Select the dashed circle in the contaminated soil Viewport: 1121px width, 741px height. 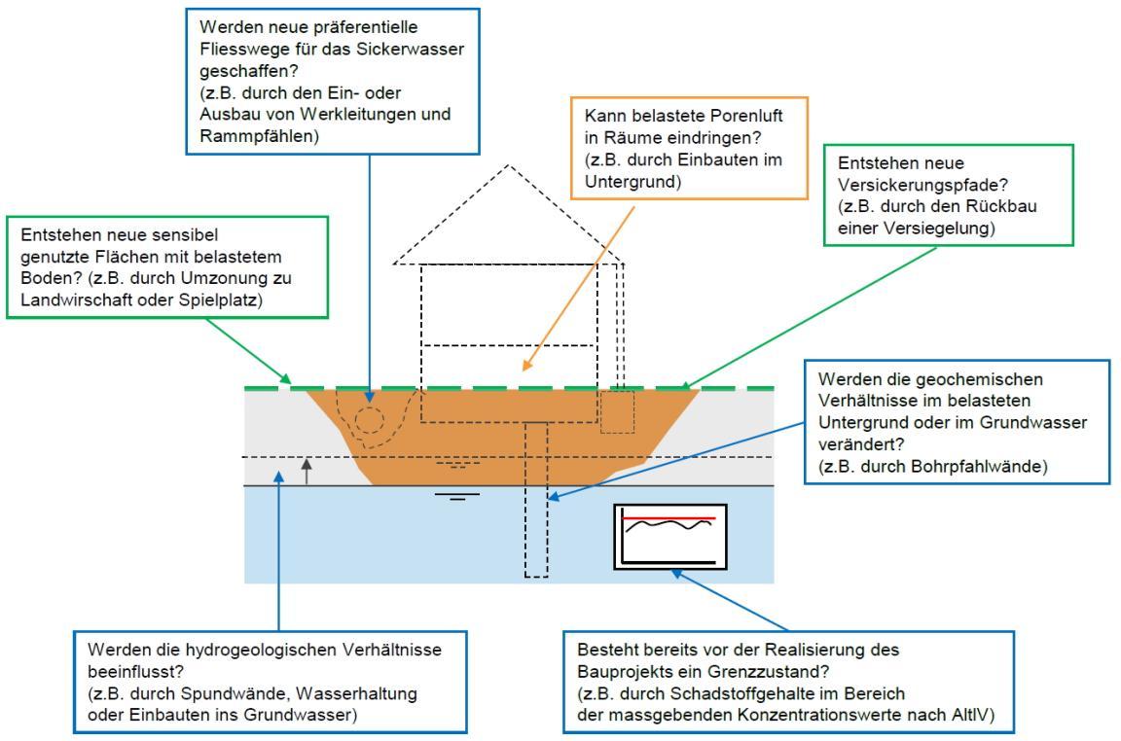click(368, 420)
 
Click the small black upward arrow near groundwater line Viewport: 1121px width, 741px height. click(307, 472)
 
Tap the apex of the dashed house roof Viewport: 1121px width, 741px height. click(507, 164)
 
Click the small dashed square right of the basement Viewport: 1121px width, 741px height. click(616, 411)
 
